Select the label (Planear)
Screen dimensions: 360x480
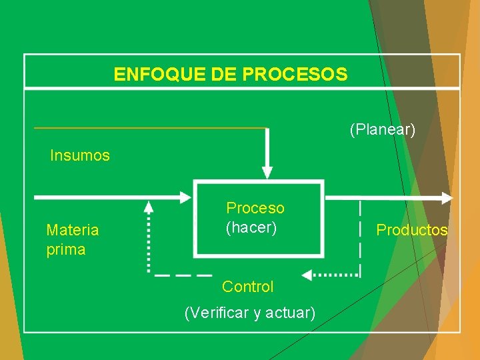(382, 129)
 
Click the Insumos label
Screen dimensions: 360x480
(80, 156)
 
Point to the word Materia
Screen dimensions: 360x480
(72, 230)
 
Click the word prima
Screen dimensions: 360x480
(66, 250)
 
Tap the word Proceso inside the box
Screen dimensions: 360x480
(255, 208)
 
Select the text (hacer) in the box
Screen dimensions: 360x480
(251, 227)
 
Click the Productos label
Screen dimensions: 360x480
(412, 230)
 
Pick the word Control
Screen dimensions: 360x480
(248, 287)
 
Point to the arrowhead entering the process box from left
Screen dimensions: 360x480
(185, 197)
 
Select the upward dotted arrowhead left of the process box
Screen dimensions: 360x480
(149, 208)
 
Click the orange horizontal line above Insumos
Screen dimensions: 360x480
(150, 127)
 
